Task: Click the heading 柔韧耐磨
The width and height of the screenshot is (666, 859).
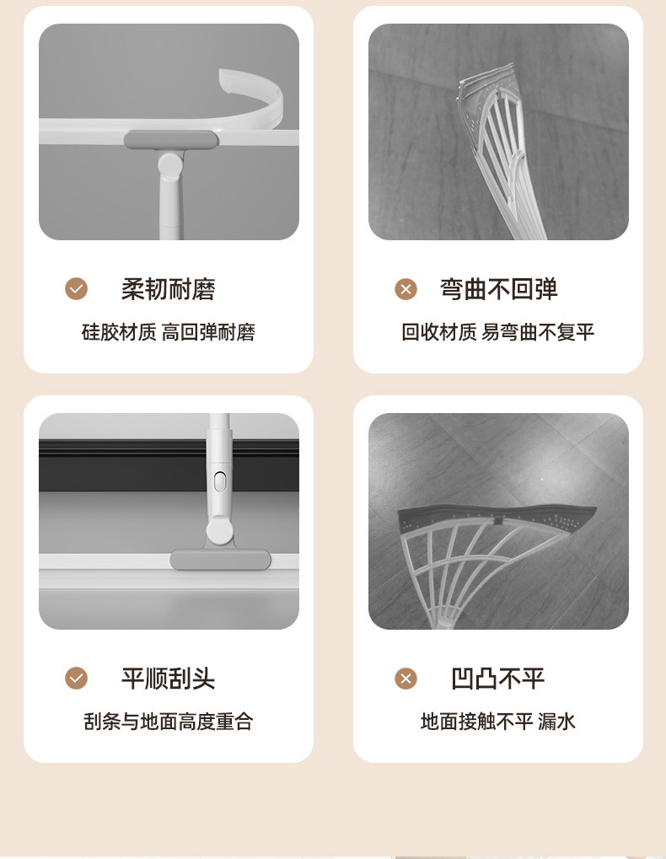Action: pos(168,289)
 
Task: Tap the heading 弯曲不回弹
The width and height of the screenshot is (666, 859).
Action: pos(498,289)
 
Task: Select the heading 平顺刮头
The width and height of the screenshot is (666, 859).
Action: pos(168,679)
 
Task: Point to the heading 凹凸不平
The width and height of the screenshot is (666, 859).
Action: pos(498,679)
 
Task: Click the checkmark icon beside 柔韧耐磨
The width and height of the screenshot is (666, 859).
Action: pos(77,289)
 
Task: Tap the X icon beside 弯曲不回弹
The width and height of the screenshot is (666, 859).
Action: pos(406,289)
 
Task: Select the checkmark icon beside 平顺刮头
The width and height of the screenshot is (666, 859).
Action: pos(77,679)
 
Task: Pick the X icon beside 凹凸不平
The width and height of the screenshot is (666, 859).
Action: pos(406,679)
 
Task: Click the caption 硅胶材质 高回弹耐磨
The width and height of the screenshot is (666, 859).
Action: pos(168,332)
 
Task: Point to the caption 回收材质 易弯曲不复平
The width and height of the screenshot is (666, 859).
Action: pos(498,332)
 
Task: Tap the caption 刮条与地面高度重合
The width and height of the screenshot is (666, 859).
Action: pos(168,722)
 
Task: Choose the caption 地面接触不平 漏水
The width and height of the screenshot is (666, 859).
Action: pos(498,722)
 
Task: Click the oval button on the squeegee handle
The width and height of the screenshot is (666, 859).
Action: pos(220,482)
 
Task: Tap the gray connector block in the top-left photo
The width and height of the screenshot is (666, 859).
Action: pos(170,140)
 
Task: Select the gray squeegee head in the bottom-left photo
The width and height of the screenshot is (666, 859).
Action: pos(220,560)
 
